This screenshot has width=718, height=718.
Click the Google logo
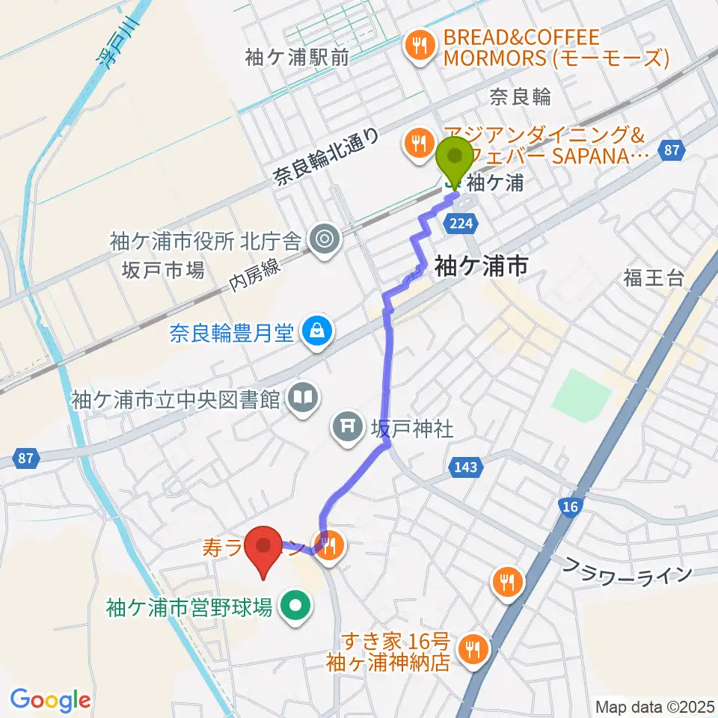[50, 700]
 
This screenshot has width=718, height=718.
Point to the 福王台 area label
[653, 279]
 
